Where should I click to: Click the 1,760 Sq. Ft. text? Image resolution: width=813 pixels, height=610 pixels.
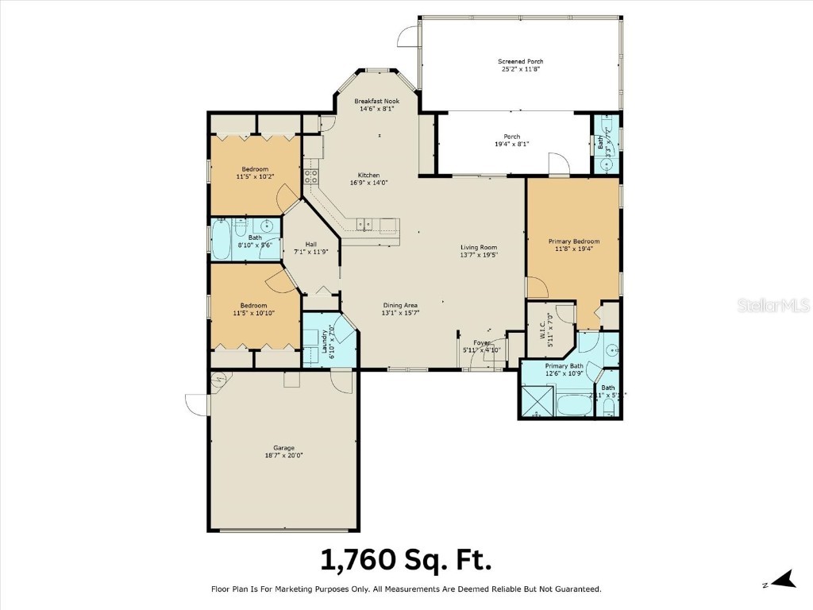pyautogui.click(x=406, y=559)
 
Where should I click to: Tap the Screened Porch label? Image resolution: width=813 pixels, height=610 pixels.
pyautogui.click(x=521, y=65)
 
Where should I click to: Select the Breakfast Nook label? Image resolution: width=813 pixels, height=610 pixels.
pyautogui.click(x=376, y=105)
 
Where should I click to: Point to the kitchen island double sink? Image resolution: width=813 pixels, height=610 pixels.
pyautogui.click(x=364, y=225)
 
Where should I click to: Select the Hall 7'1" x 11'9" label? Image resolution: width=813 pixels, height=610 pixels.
pyautogui.click(x=311, y=247)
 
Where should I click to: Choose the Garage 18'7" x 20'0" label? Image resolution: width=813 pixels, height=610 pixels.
pyautogui.click(x=283, y=451)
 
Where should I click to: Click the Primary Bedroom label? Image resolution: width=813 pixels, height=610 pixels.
pyautogui.click(x=573, y=245)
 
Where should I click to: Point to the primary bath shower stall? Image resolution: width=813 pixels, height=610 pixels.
pyautogui.click(x=537, y=401)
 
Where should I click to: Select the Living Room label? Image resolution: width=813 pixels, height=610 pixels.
pyautogui.click(x=479, y=251)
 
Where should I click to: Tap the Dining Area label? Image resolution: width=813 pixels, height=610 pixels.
pyautogui.click(x=400, y=309)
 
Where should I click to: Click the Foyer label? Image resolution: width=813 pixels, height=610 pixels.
pyautogui.click(x=481, y=346)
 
